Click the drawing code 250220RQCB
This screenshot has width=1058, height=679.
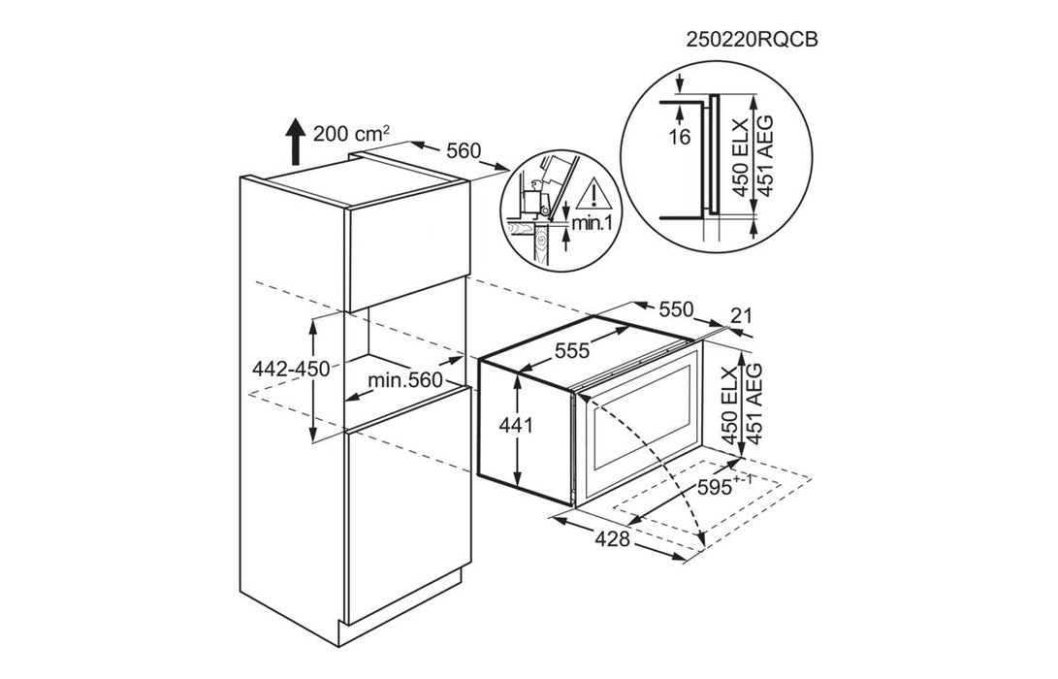pos(751,40)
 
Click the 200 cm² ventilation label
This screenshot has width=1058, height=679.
pos(351,133)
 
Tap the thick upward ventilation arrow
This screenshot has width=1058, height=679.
pos(294,141)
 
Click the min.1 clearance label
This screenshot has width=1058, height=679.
pos(592,222)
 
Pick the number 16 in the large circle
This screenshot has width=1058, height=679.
pos(680,137)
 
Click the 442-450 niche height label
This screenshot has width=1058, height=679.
pos(291,370)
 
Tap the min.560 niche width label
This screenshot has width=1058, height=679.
pos(404,381)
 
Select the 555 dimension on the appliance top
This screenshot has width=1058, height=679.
pos(572,350)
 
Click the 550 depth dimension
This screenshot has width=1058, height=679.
pos(675,308)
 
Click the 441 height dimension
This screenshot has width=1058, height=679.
pos(516,426)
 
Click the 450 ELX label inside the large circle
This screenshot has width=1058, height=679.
pos(741,157)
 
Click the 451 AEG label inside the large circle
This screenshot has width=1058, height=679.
pos(764,156)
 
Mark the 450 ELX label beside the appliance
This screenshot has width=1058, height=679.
pos(731,404)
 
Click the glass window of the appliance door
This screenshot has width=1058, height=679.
pos(642,417)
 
